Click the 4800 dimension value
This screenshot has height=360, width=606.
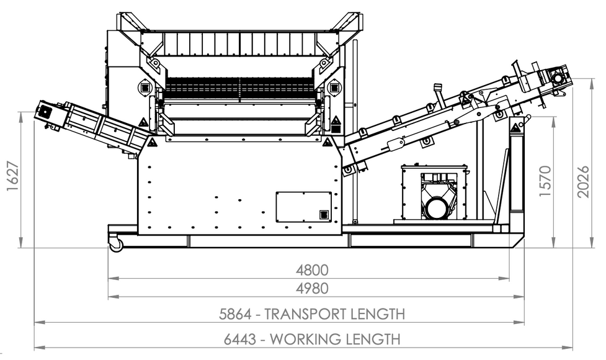pyautogui.click(x=312, y=270)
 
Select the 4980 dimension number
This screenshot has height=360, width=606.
pyautogui.click(x=312, y=289)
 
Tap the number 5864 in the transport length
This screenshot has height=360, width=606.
pyautogui.click(x=235, y=314)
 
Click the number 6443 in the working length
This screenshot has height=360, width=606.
pyautogui.click(x=240, y=340)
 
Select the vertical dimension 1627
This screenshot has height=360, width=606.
pyautogui.click(x=13, y=176)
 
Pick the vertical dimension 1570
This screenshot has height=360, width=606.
pyautogui.click(x=545, y=181)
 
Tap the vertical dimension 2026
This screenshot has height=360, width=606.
pyautogui.click(x=583, y=182)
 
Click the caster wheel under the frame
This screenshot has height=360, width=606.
pyautogui.click(x=116, y=245)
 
